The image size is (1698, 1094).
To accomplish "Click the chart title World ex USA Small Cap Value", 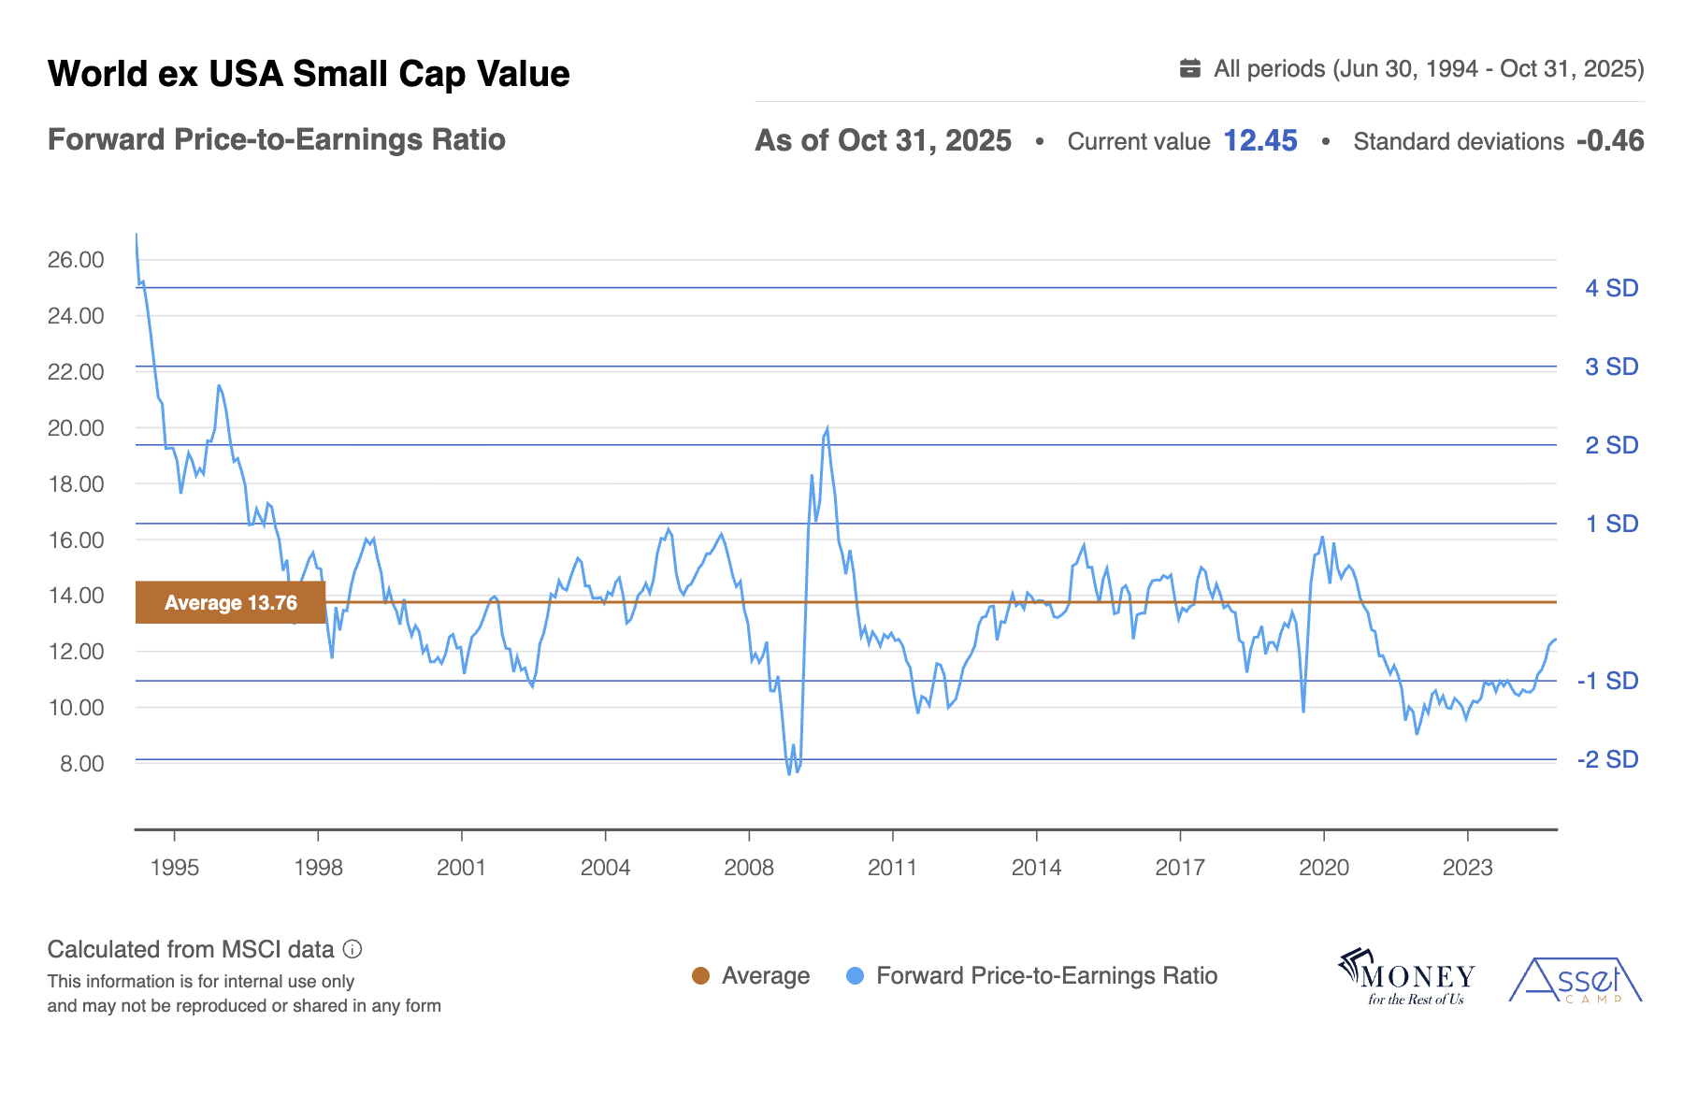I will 309,74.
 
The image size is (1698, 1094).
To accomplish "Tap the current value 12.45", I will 1259,140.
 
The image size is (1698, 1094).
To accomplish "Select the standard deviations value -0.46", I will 1609,140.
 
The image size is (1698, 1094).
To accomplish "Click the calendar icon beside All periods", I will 1189,68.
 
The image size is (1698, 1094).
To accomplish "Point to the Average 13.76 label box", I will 230,603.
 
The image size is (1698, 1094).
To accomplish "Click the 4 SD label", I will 1611,288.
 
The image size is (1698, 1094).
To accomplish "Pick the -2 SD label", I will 1607,759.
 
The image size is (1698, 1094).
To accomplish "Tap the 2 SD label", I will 1611,445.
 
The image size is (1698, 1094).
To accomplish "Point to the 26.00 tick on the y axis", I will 76,260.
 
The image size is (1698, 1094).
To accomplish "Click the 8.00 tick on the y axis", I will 81,764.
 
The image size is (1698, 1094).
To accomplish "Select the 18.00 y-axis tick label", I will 76,484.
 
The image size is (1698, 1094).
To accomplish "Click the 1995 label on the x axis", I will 175,868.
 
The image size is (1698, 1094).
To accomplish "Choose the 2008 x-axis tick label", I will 749,868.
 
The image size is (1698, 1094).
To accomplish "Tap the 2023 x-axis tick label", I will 1467,868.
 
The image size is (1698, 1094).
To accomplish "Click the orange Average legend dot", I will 700,976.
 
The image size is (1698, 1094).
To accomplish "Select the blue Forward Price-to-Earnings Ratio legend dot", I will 855,976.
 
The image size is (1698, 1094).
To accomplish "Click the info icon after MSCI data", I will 353,950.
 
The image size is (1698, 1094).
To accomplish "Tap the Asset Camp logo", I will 1576,981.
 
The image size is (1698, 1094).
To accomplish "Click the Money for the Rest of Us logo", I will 1407,978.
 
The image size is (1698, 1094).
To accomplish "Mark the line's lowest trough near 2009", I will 789,774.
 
